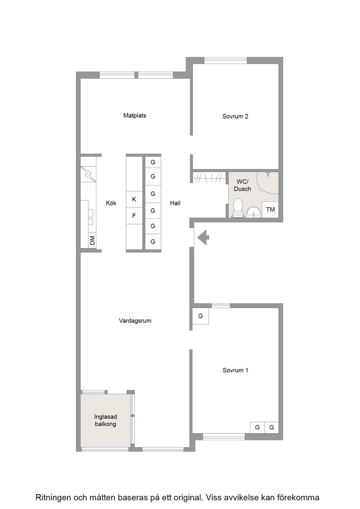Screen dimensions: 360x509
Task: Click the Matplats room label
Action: (x=135, y=115)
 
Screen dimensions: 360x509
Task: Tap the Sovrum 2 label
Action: (x=235, y=116)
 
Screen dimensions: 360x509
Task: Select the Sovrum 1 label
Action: (x=235, y=370)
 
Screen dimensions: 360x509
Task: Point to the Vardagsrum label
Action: (x=135, y=321)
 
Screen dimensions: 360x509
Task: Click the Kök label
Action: (x=111, y=203)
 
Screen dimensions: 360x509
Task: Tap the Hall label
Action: (x=175, y=203)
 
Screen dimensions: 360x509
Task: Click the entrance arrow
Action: (x=204, y=237)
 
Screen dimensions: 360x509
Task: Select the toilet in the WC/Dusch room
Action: (x=238, y=208)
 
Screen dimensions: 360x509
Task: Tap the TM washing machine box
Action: (x=270, y=210)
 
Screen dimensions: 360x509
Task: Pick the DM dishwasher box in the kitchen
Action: (x=93, y=240)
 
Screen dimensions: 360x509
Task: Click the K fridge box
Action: (x=134, y=200)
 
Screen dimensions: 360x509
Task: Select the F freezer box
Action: (x=134, y=216)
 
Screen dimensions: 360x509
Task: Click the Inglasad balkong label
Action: (x=105, y=420)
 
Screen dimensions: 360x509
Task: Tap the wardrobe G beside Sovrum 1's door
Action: (x=200, y=316)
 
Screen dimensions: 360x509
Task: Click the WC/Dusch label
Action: (x=242, y=185)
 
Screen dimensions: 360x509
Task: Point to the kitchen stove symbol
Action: (x=88, y=174)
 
